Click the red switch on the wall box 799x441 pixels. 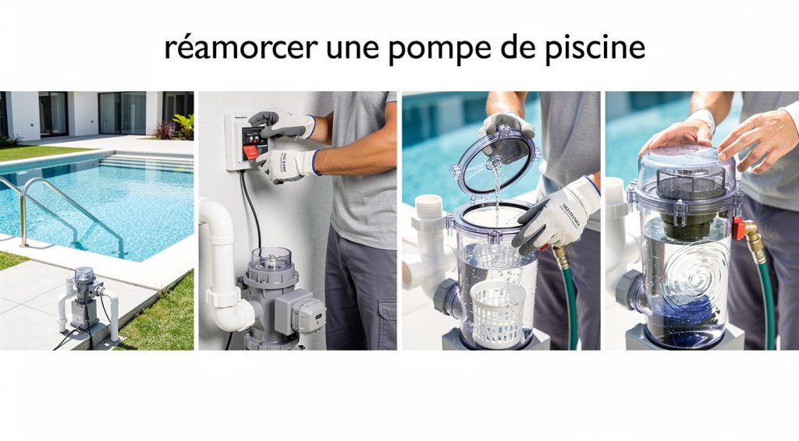pos(251,151)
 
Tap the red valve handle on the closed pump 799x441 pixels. pos(737,228)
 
